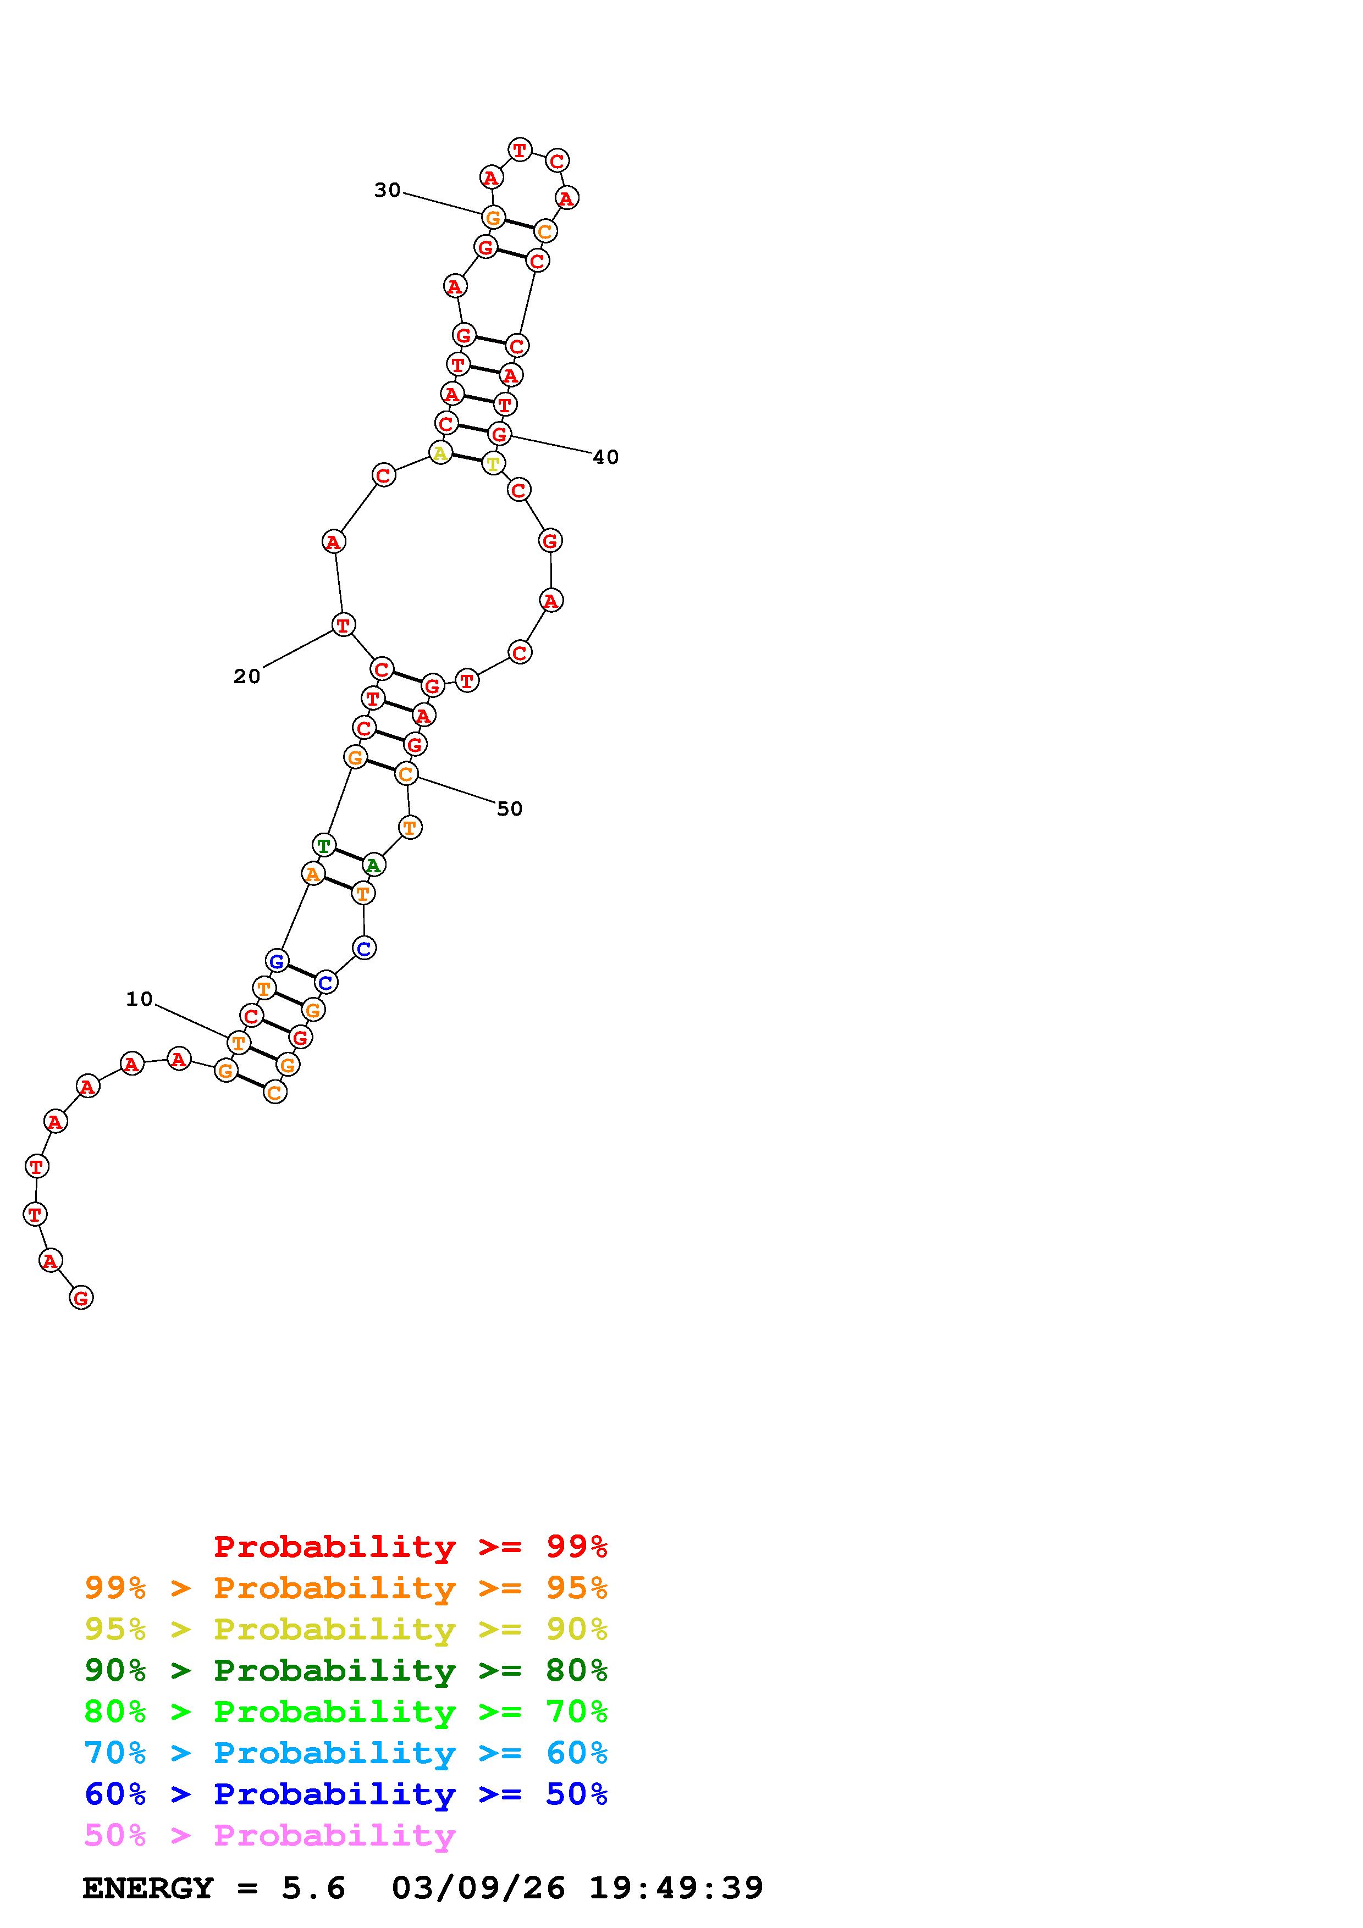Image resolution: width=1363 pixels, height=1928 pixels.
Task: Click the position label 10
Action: coord(140,999)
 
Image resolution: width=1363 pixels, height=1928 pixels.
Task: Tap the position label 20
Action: coord(247,676)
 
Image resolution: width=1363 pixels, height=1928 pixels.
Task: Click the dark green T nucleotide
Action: coord(324,845)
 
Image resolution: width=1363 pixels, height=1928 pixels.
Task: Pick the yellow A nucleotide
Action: coord(439,453)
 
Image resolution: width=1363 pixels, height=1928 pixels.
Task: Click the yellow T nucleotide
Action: coord(493,463)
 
